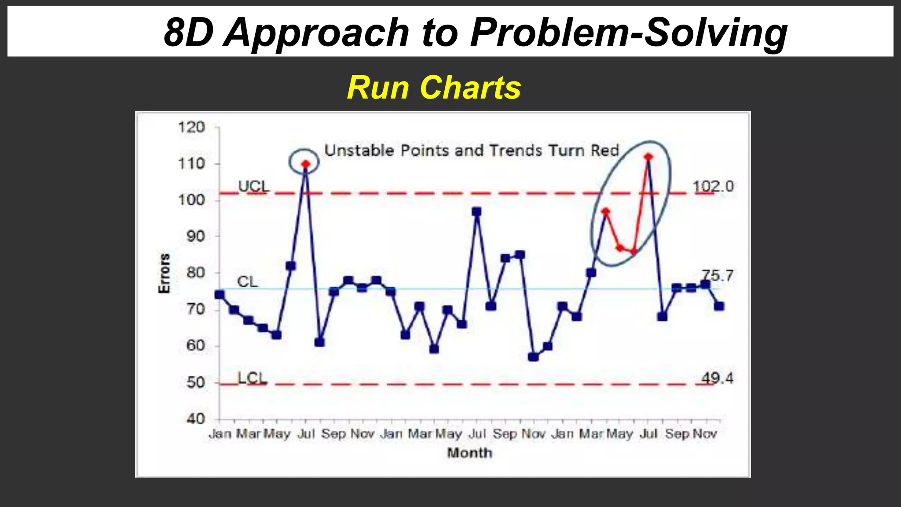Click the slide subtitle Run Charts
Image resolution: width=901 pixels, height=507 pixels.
(434, 88)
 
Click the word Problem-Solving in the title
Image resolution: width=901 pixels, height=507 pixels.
(629, 33)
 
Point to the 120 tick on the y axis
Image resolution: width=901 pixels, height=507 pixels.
(191, 128)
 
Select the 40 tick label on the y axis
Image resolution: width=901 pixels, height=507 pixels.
(195, 419)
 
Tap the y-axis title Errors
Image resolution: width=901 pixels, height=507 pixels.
(164, 273)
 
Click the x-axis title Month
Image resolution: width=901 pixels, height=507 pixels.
(469, 453)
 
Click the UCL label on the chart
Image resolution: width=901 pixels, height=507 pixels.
(253, 186)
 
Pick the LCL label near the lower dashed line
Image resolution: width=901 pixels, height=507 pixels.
(252, 378)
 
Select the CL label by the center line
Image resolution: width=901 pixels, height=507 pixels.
(247, 282)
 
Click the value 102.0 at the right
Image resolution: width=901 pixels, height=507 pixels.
(713, 187)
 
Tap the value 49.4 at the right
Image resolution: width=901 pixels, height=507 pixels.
(717, 378)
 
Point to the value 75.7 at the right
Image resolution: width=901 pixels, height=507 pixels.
(717, 276)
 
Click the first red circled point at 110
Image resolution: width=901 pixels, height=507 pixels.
(305, 164)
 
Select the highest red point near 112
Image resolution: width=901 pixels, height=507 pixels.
(648, 157)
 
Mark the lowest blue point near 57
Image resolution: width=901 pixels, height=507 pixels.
(533, 356)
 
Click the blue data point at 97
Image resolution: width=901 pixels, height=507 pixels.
(476, 212)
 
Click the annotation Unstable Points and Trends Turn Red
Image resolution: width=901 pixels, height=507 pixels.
(472, 151)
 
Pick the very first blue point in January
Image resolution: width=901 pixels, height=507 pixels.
(219, 294)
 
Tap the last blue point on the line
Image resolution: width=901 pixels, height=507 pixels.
(719, 306)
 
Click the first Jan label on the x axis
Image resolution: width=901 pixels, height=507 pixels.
(220, 434)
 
